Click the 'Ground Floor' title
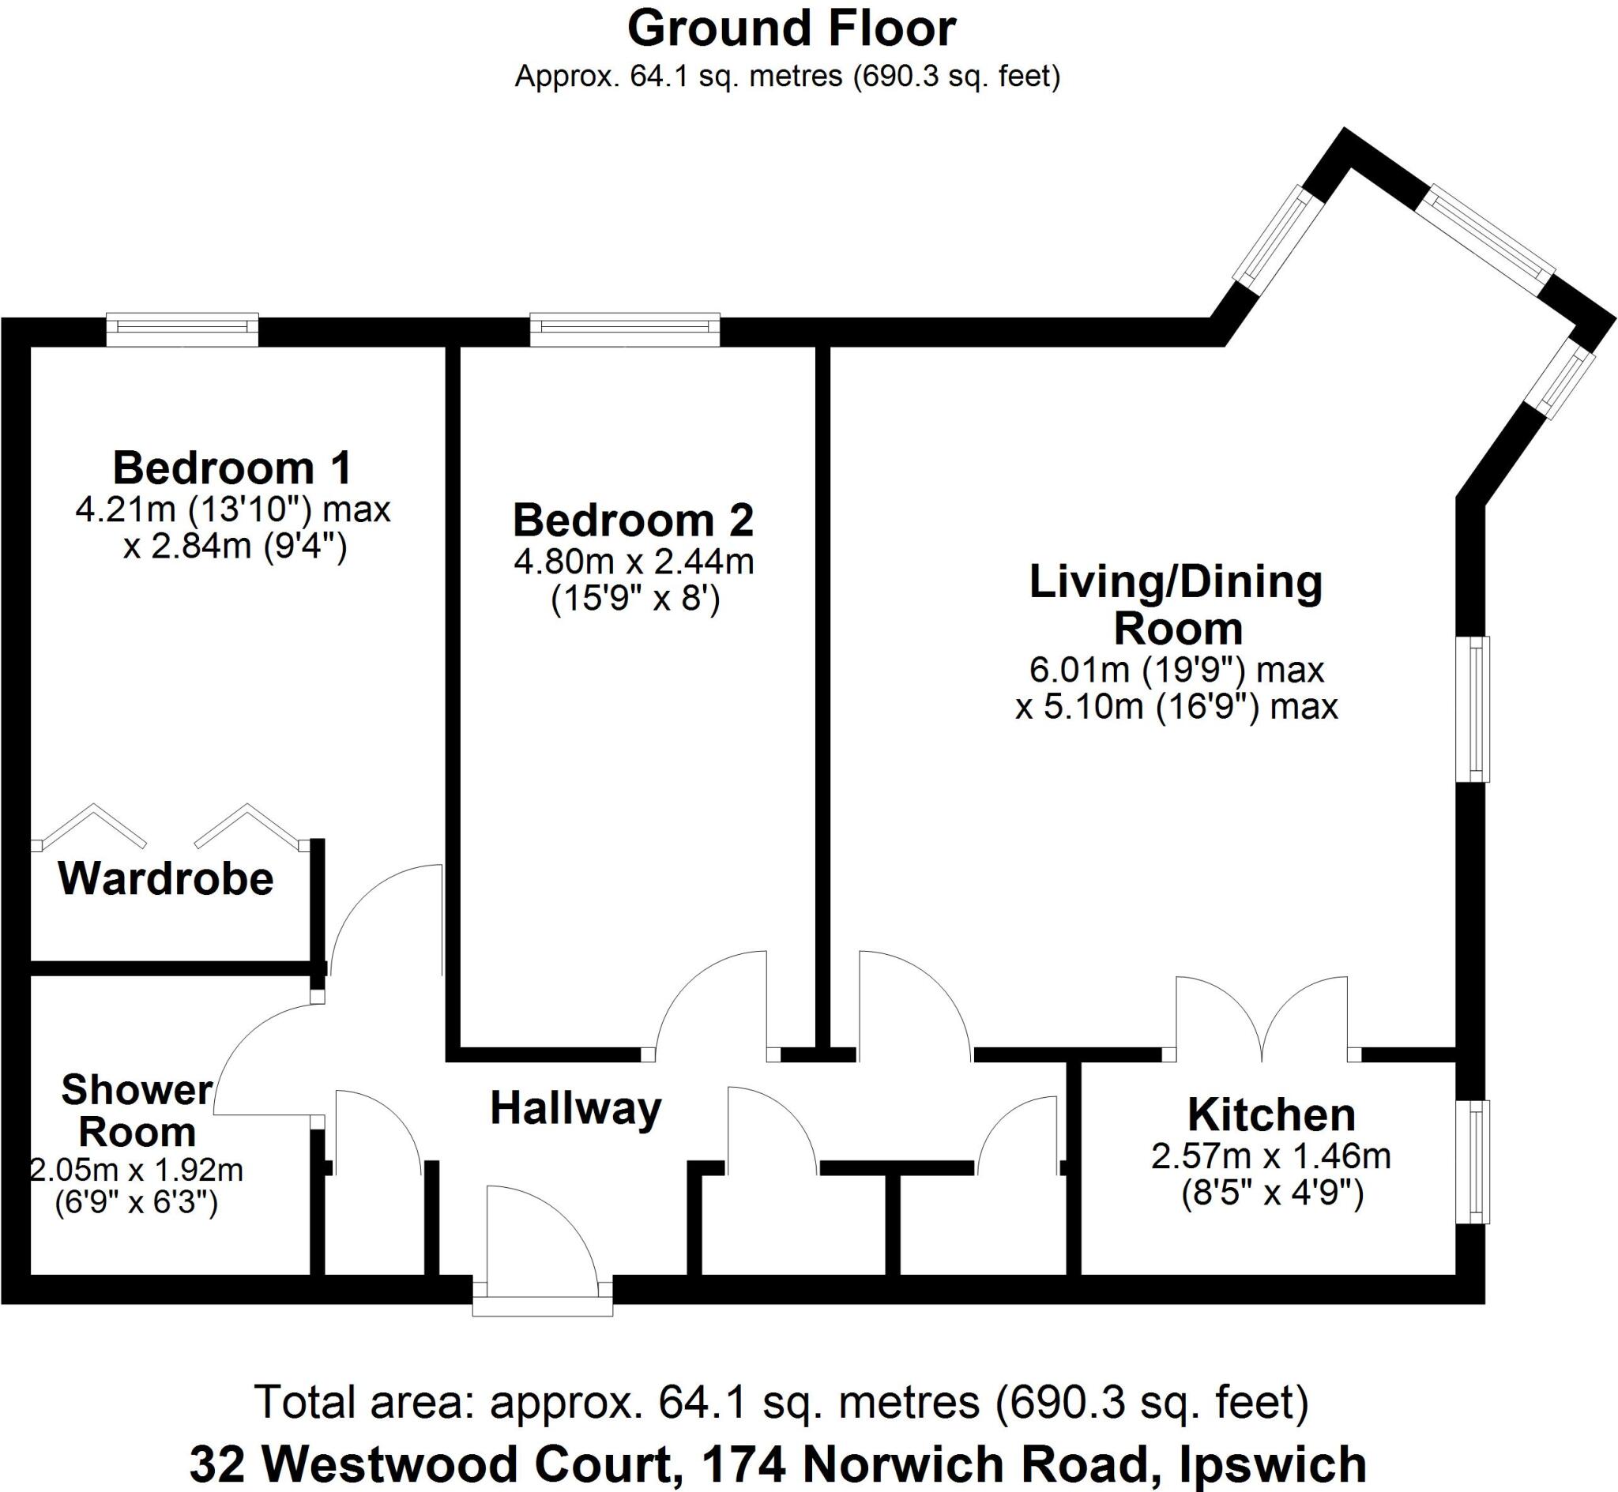tap(792, 30)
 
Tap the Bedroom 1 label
tap(232, 468)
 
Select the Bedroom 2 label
tap(634, 520)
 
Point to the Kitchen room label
tap(1272, 1115)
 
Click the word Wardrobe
tap(167, 878)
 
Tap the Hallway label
tap(576, 1108)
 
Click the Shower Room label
tap(137, 1111)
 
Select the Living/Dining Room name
tap(1177, 605)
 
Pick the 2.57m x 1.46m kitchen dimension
tap(1271, 1157)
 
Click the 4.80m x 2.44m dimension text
tap(634, 562)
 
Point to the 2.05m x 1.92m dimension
tap(137, 1169)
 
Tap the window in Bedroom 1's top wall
tap(182, 329)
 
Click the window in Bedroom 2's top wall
tap(625, 329)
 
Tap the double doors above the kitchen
tap(1262, 1016)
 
